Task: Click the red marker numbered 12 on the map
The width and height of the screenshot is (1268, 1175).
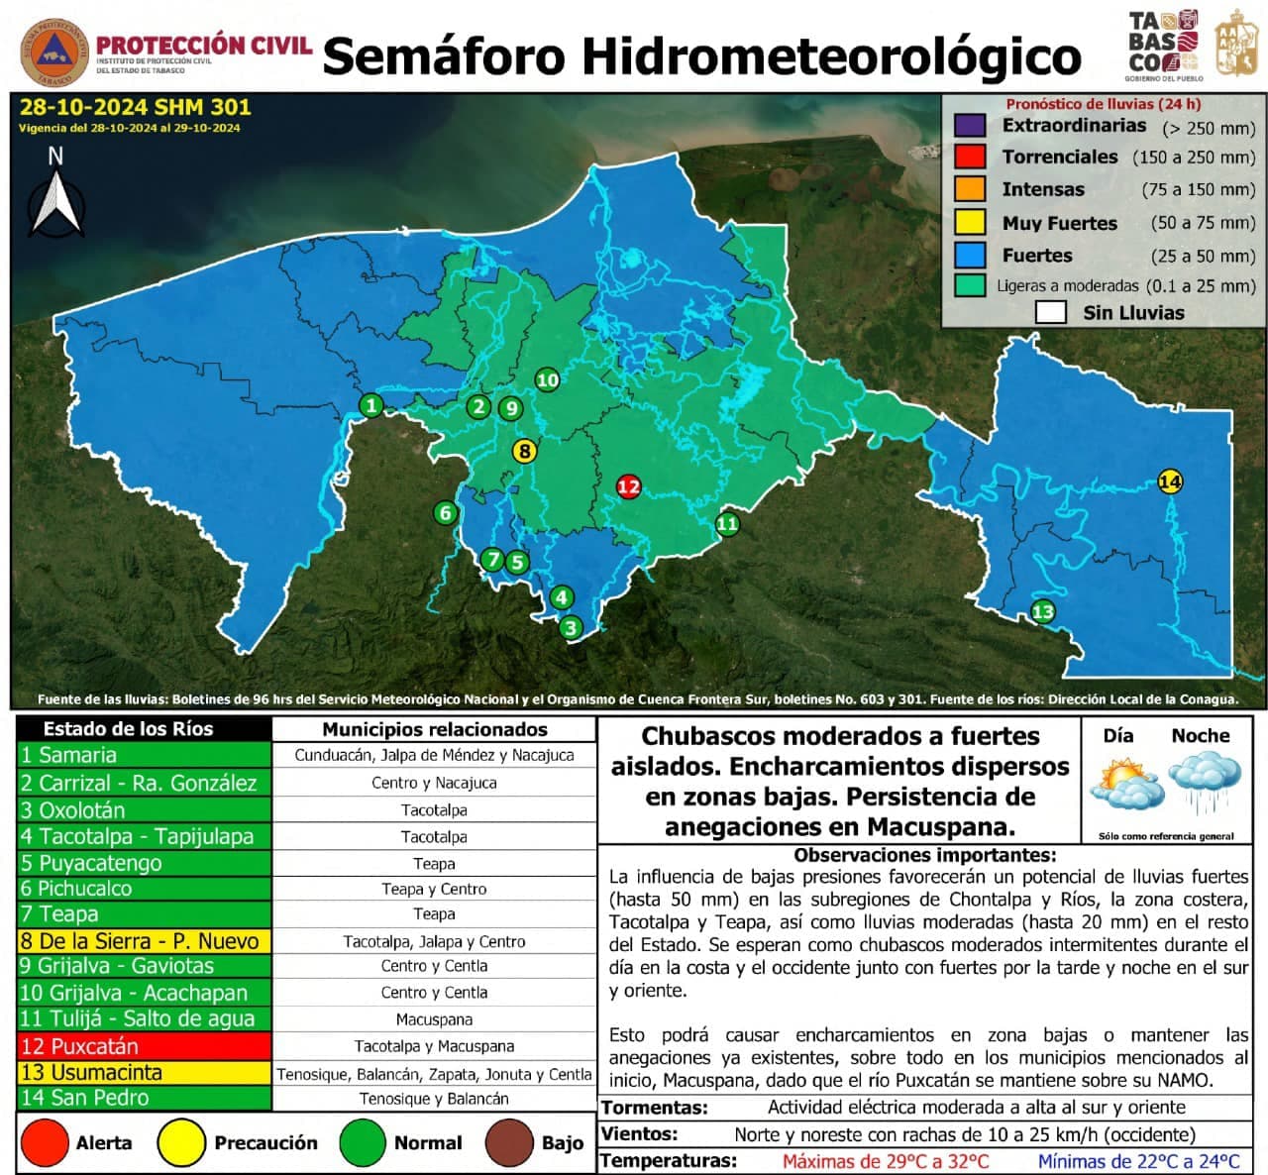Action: tap(628, 486)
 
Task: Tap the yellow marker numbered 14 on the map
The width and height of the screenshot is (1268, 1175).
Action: tap(1170, 482)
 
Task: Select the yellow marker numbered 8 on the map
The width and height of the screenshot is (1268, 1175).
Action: tap(524, 452)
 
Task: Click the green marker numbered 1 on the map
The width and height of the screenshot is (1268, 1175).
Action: tap(371, 405)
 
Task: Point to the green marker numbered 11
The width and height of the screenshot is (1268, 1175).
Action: tap(727, 524)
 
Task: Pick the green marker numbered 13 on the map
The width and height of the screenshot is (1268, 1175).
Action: tap(1042, 611)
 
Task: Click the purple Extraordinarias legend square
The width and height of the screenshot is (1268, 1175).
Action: tap(970, 126)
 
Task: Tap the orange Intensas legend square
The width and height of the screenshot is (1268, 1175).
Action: tap(970, 189)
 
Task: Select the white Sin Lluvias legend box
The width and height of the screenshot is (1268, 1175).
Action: tap(1050, 313)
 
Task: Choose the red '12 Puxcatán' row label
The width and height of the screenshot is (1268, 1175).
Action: tap(144, 1046)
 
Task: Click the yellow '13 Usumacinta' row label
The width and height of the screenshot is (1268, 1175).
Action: tap(144, 1073)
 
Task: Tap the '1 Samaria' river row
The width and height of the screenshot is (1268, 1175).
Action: tap(144, 755)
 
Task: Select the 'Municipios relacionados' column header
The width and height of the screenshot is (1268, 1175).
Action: tap(435, 730)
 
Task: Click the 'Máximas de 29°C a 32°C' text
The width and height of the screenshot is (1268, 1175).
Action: tap(885, 1161)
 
